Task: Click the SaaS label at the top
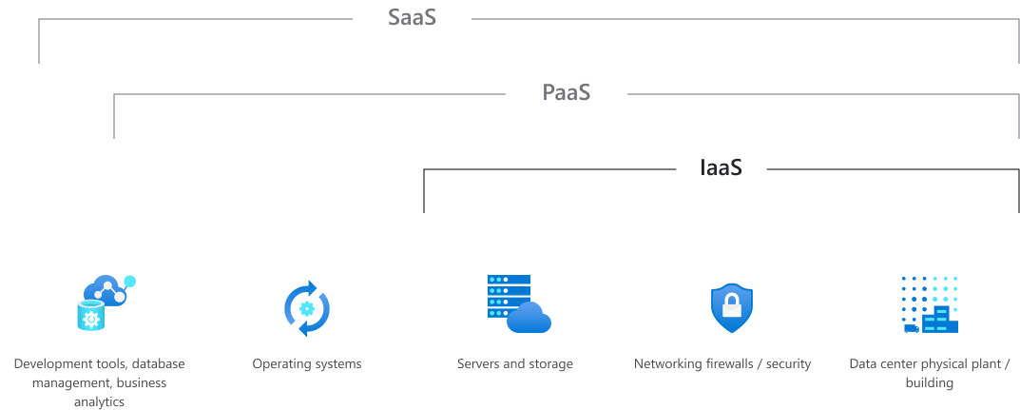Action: pyautogui.click(x=412, y=18)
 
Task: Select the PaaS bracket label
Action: pyautogui.click(x=567, y=92)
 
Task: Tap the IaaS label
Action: pyautogui.click(x=721, y=167)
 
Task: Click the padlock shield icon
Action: pyautogui.click(x=731, y=307)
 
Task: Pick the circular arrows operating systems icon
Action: pyautogui.click(x=306, y=308)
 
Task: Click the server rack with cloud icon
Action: pyautogui.click(x=517, y=304)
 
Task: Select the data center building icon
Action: pyautogui.click(x=929, y=305)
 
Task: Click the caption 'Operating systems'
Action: pyautogui.click(x=306, y=364)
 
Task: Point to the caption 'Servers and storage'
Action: pyautogui.click(x=514, y=364)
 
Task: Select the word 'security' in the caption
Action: pyautogui.click(x=788, y=364)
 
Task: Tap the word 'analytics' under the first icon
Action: pyautogui.click(x=99, y=401)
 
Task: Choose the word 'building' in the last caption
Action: pyautogui.click(x=929, y=383)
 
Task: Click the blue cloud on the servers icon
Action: pyautogui.click(x=529, y=317)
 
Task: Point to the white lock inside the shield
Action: pyautogui.click(x=731, y=307)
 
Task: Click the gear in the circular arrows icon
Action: pyautogui.click(x=306, y=308)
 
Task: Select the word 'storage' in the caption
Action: pyautogui.click(x=551, y=364)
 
